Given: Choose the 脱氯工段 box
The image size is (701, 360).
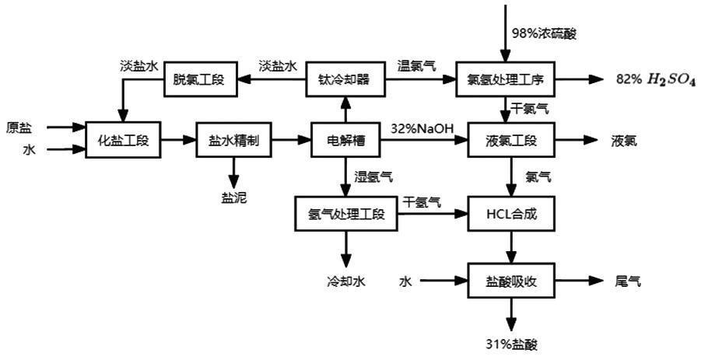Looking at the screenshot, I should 198,79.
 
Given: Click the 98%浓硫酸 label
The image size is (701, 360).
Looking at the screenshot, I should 544,33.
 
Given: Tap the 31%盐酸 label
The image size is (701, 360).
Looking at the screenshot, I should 510,344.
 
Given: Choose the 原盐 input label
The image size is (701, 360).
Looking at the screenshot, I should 19,127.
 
